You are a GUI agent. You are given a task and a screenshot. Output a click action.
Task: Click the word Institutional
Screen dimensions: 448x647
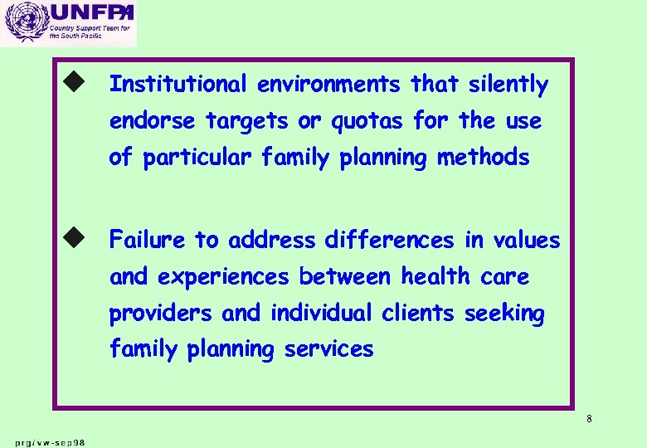pos(178,85)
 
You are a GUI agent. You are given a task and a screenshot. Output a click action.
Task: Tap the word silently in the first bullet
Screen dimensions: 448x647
pos(508,85)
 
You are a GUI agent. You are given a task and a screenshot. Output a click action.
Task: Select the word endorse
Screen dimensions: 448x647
pos(154,121)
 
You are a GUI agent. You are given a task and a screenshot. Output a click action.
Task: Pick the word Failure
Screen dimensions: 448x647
pos(148,241)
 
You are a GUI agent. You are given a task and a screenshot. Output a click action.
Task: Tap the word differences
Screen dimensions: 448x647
pos(390,241)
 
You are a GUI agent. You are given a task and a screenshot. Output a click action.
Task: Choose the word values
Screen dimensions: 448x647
pos(526,241)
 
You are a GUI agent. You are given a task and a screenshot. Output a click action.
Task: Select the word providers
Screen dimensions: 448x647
pos(163,314)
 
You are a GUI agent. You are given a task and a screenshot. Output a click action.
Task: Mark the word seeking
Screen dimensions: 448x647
pos(504,314)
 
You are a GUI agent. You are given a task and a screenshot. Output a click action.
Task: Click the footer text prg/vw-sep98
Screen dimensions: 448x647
pos(50,441)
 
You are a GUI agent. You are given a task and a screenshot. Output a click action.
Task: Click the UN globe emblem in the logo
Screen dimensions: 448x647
pos(23,24)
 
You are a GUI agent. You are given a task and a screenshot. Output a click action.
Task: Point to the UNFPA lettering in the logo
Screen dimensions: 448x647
pos(90,13)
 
